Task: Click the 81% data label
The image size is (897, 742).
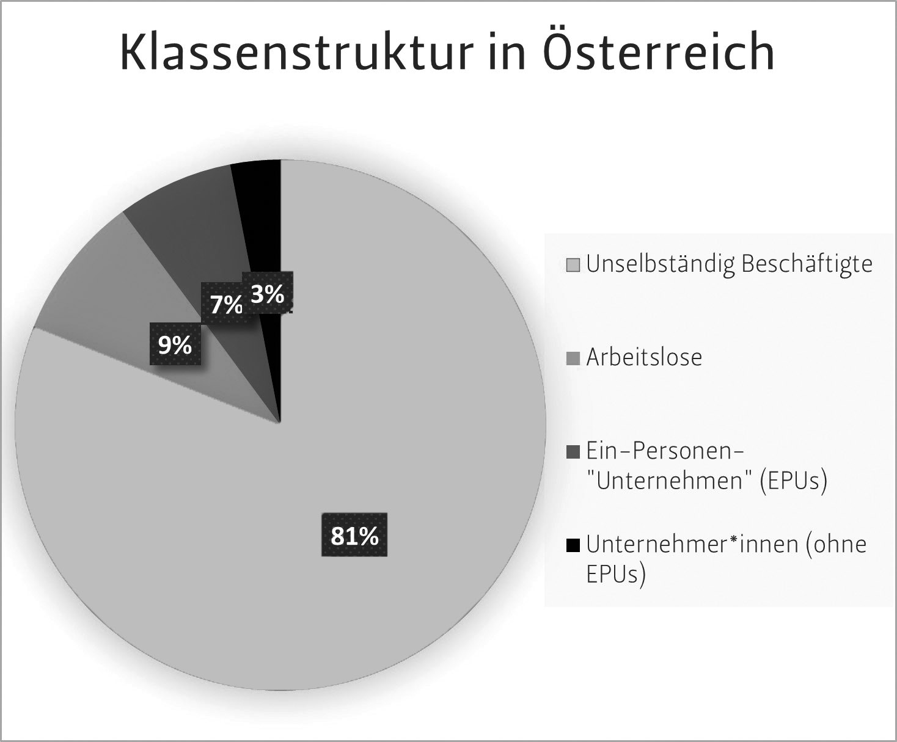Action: [354, 536]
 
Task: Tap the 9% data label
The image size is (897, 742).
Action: [175, 346]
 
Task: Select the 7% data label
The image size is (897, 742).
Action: [225, 304]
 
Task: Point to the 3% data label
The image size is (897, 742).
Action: [268, 294]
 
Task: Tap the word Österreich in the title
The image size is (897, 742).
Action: [658, 52]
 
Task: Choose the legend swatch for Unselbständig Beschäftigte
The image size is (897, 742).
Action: [573, 266]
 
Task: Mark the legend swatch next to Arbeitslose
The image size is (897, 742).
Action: [573, 358]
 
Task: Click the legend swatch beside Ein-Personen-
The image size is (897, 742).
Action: [573, 453]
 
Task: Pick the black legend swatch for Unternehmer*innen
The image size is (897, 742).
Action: [573, 545]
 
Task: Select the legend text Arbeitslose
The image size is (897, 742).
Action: [644, 357]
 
